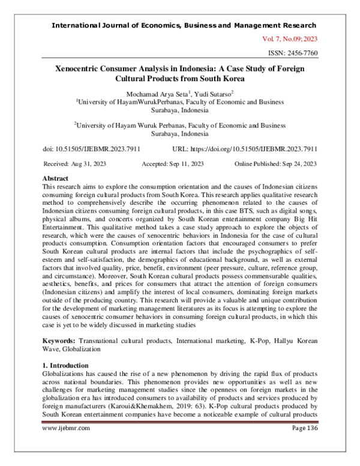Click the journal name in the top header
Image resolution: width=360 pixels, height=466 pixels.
pyautogui.click(x=184, y=26)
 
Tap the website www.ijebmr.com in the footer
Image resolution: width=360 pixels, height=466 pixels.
pyautogui.click(x=66, y=445)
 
